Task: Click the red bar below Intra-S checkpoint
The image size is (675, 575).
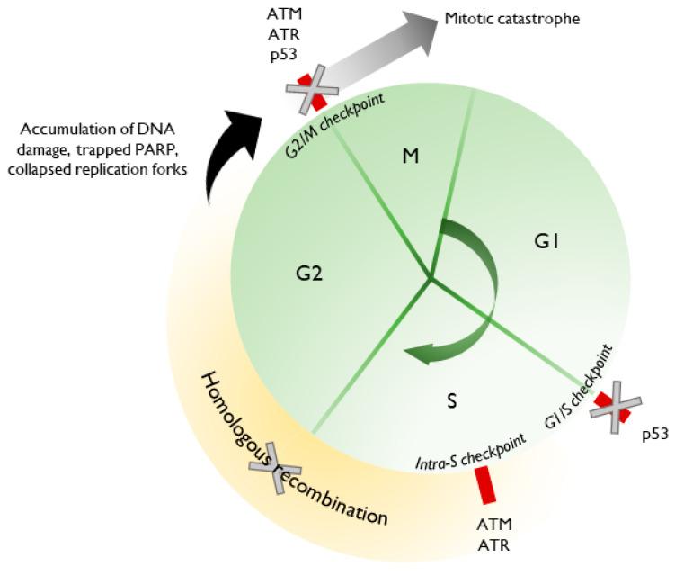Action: point(485,485)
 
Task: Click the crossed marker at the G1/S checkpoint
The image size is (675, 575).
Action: point(617,409)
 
